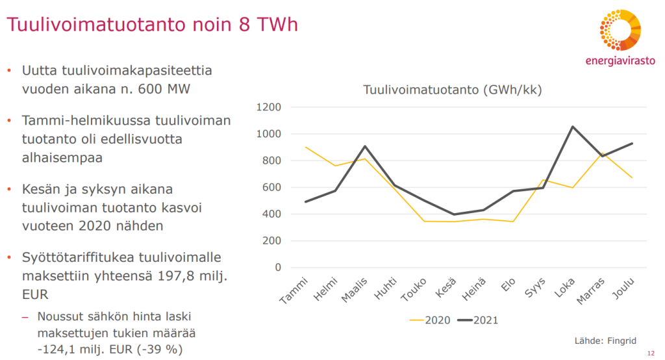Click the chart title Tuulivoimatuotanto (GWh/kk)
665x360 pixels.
[452, 90]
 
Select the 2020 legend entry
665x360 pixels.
[430, 320]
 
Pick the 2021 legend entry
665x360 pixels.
[478, 320]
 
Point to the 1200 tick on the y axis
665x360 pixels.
[268, 107]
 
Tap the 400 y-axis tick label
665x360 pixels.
[271, 214]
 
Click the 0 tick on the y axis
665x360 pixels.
[278, 268]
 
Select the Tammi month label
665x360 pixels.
[294, 290]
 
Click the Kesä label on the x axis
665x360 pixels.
[446, 287]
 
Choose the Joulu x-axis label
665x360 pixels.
[623, 289]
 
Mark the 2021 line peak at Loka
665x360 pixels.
[573, 127]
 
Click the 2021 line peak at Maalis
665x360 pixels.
[365, 146]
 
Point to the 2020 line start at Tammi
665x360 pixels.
[306, 147]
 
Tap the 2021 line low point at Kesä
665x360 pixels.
[454, 214]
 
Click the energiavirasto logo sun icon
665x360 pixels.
[620, 30]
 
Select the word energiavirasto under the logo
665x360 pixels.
[620, 60]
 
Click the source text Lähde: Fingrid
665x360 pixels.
[605, 341]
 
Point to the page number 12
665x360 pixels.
[651, 354]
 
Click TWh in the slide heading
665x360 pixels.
[277, 25]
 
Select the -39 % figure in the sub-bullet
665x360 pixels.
[160, 350]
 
